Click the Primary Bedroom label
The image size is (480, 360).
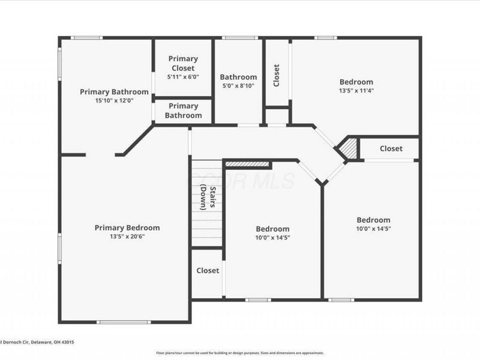pyautogui.click(x=127, y=227)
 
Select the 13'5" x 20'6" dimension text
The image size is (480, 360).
pyautogui.click(x=127, y=236)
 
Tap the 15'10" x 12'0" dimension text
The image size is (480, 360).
pyautogui.click(x=114, y=101)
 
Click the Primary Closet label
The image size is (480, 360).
pyautogui.click(x=183, y=63)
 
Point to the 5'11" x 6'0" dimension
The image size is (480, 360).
pyautogui.click(x=183, y=77)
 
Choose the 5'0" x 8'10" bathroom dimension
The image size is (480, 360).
pyautogui.click(x=238, y=86)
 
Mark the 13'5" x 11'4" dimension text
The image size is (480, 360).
pyautogui.click(x=356, y=91)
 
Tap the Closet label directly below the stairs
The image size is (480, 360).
pyautogui.click(x=208, y=271)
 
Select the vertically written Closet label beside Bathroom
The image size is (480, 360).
pyautogui.click(x=277, y=76)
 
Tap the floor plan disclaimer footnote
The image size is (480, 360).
pyautogui.click(x=240, y=353)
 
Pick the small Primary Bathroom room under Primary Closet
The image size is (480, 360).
pyautogui.click(x=183, y=110)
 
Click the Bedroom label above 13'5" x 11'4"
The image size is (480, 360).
pyautogui.click(x=356, y=82)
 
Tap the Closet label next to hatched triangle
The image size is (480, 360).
pyautogui.click(x=391, y=149)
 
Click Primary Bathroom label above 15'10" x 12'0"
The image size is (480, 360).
pyautogui.click(x=114, y=92)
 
